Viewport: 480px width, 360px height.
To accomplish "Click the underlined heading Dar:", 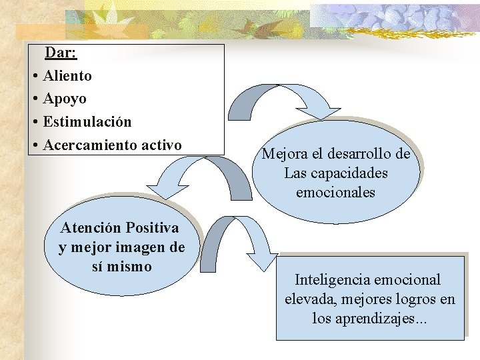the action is [61, 53].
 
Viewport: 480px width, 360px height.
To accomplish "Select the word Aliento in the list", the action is [67, 76].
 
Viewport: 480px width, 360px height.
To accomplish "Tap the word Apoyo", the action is [65, 99].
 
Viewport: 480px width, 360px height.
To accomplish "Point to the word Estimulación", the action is [87, 122].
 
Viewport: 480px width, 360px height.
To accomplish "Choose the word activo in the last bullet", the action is [159, 145].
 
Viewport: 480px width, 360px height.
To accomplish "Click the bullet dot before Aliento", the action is [34, 76].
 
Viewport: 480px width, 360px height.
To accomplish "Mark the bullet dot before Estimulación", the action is [34, 122].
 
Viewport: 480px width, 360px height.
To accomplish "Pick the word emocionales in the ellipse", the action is [335, 193].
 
